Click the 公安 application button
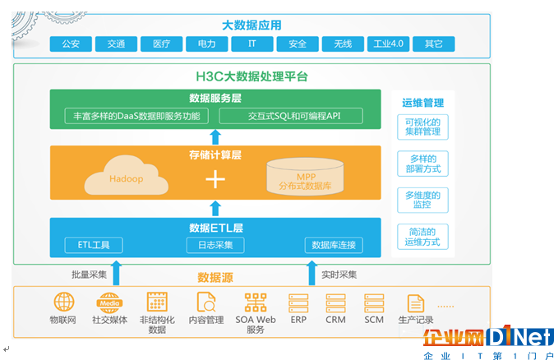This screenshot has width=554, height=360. click(x=71, y=44)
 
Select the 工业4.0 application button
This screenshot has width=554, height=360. click(x=388, y=44)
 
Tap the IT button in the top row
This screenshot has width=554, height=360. click(x=252, y=44)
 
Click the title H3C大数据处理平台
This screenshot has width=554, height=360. click(x=252, y=76)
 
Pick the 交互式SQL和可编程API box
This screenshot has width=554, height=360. click(x=291, y=116)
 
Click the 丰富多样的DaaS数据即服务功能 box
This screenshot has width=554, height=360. click(x=136, y=116)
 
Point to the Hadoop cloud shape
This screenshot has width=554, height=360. click(x=126, y=176)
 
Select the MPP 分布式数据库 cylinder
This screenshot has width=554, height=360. click(x=305, y=176)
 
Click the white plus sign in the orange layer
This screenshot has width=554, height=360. click(x=215, y=179)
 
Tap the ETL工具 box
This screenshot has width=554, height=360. click(x=94, y=245)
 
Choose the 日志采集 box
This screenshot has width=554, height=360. click(x=215, y=245)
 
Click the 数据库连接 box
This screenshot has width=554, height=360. click(x=334, y=245)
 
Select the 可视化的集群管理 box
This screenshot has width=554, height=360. click(x=422, y=127)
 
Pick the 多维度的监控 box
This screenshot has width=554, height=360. click(x=422, y=200)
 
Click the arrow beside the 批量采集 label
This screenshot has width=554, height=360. click(x=116, y=273)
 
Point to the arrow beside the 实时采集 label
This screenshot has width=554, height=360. click(x=312, y=273)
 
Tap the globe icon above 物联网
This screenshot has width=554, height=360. click(x=64, y=302)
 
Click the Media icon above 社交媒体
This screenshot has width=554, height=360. click(x=109, y=302)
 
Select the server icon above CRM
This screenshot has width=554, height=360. click(x=335, y=303)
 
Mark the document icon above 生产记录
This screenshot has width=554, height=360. click(x=416, y=303)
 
